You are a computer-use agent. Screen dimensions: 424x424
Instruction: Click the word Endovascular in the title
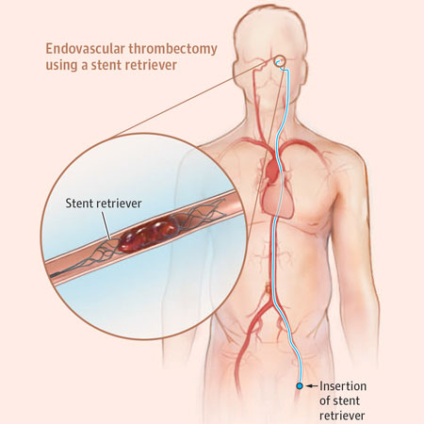pos(85,49)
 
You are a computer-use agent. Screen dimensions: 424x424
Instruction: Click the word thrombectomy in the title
pos(172,50)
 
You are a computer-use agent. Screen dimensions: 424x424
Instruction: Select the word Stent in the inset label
pos(78,204)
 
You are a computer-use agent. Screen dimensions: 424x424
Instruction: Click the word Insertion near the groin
pos(343,386)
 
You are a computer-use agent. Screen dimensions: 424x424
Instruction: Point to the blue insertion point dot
pos(300,385)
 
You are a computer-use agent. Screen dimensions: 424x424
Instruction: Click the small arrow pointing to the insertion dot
pos(312,386)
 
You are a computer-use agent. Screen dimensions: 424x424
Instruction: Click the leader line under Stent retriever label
pos(106,225)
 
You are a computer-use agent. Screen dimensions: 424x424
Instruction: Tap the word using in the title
pos(61,66)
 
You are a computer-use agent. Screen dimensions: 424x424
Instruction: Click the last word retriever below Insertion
pos(342,416)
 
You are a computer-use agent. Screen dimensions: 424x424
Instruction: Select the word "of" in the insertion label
pos(324,400)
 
